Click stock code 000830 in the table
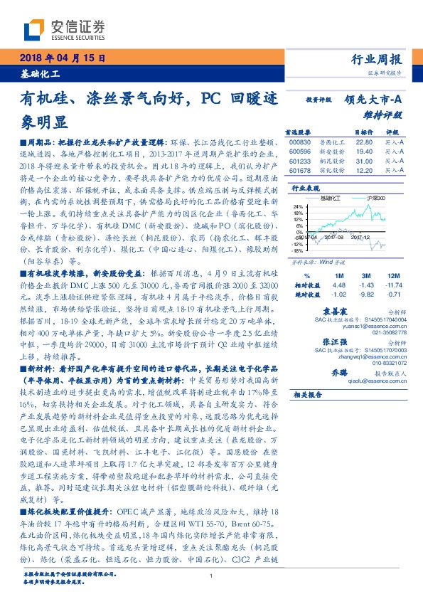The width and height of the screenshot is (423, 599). (301, 142)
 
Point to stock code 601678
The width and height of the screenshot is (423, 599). (301, 171)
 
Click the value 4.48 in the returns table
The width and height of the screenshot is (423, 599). (338, 285)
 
